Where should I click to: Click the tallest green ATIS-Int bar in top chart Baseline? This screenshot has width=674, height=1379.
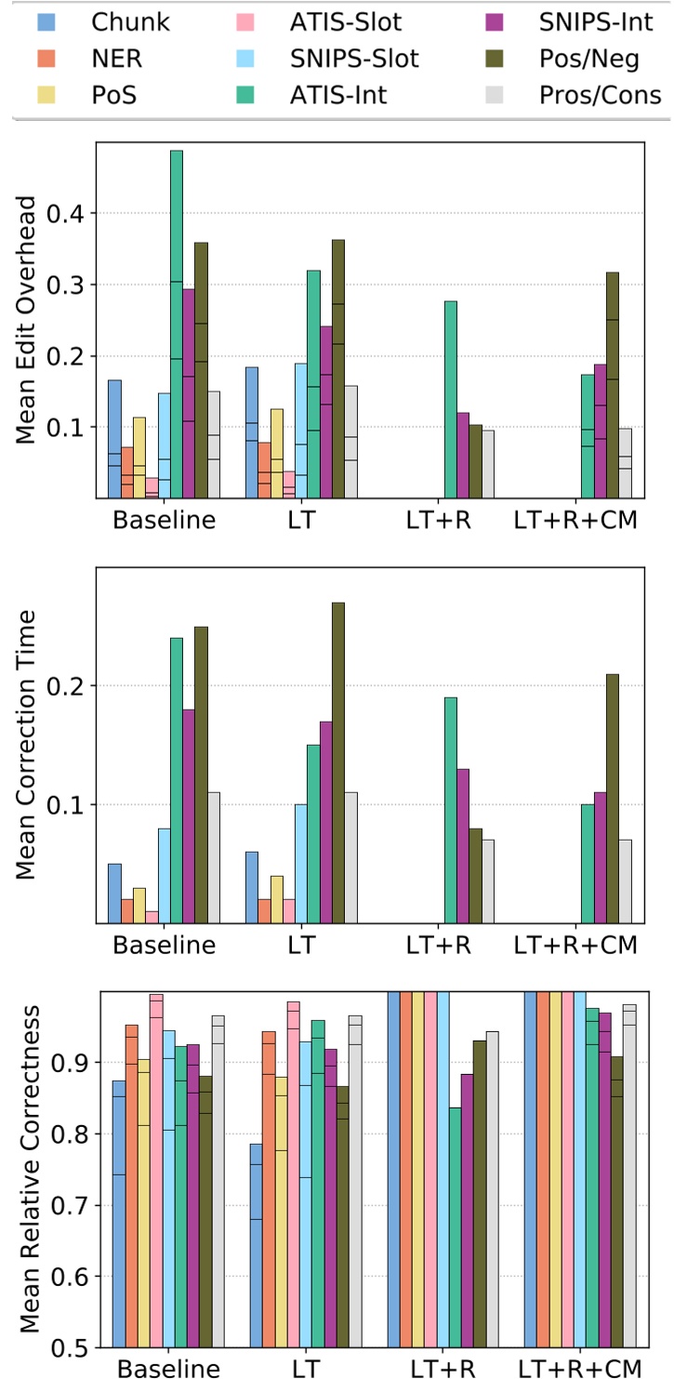177,325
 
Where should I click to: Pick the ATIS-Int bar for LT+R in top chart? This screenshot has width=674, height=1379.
451,400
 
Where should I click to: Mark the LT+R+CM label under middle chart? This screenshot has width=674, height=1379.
576,946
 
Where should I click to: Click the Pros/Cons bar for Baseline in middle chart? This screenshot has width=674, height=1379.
214,857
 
